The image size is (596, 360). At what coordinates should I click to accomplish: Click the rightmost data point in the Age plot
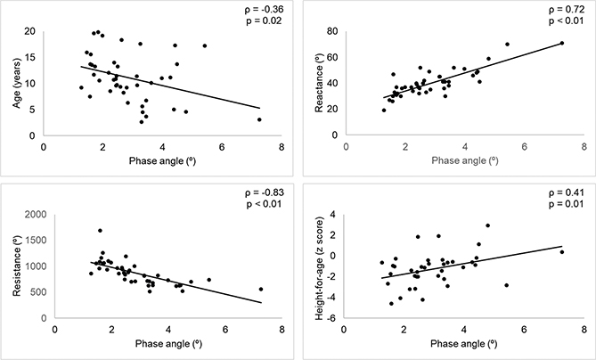click(x=259, y=119)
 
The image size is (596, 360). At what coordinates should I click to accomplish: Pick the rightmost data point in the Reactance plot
click(x=562, y=43)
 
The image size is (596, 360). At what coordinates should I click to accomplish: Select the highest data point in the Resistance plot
click(x=100, y=231)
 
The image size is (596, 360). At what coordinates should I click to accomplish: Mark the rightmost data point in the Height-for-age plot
click(x=562, y=252)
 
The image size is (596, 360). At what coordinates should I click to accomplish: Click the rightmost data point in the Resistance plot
click(x=261, y=289)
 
